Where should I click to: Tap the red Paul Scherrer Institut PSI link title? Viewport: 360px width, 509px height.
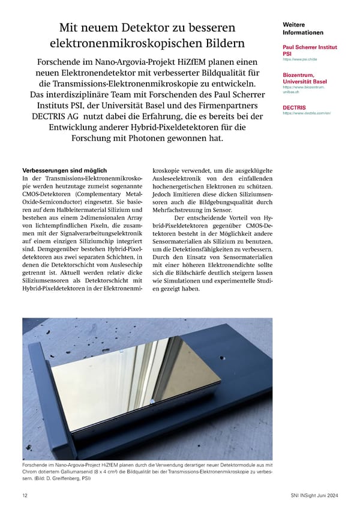[309, 50]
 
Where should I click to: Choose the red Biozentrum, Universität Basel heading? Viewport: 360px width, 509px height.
[304, 78]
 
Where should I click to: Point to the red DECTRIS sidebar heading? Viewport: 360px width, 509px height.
[295, 107]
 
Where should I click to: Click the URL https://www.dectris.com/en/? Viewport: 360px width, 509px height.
[303, 113]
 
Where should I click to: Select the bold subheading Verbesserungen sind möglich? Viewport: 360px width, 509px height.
[64, 170]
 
